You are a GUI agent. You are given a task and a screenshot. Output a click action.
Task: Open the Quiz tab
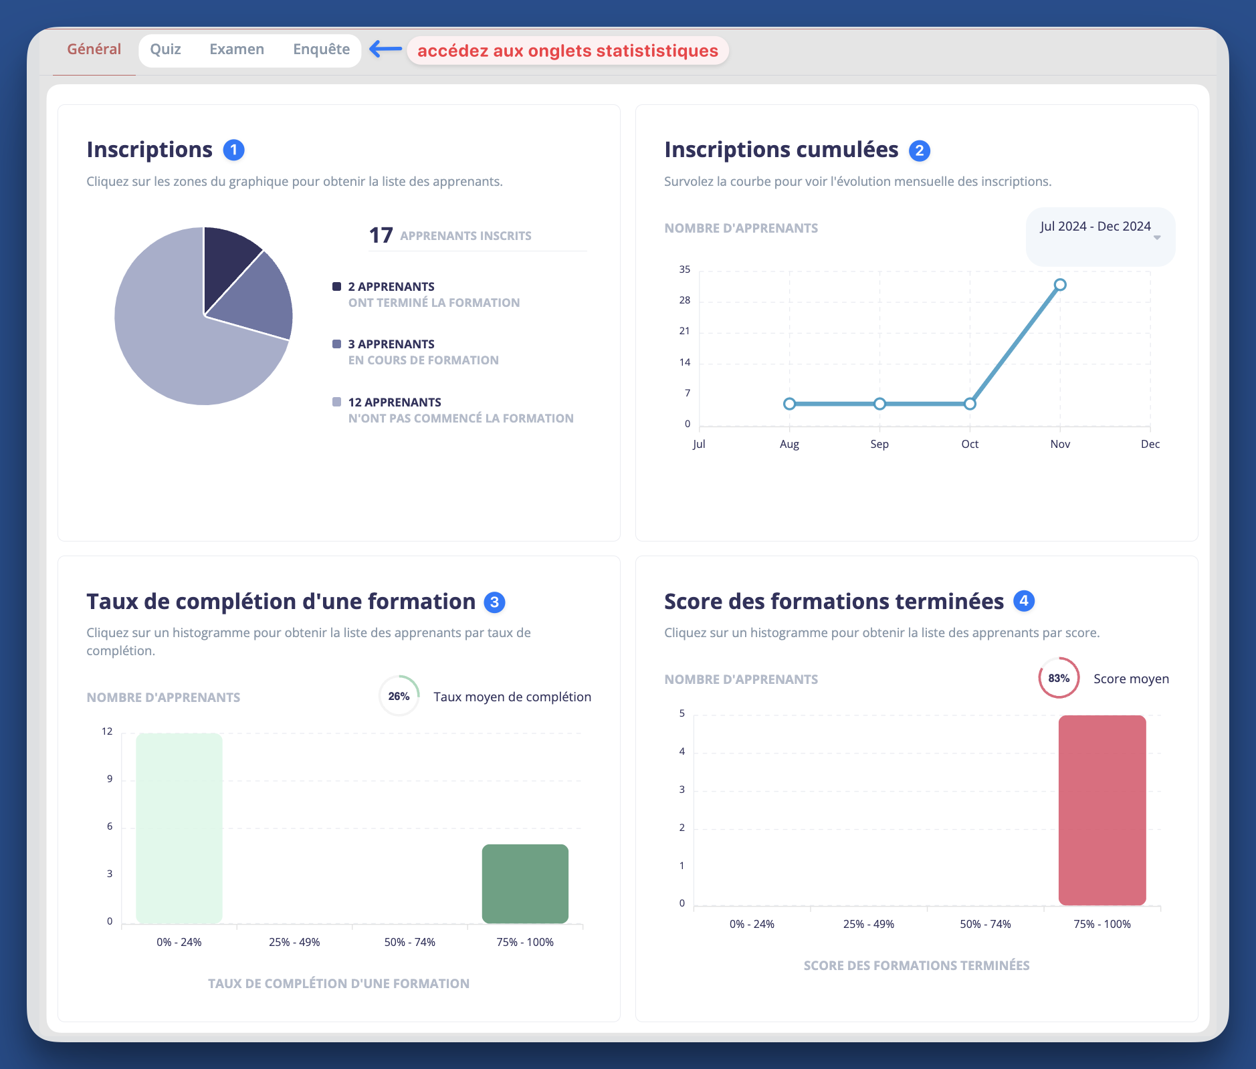click(x=165, y=49)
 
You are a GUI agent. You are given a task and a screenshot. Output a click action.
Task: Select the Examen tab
click(x=237, y=49)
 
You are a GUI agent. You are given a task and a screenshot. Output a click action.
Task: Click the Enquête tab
click(x=321, y=49)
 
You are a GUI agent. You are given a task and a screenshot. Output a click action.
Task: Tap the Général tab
click(x=94, y=49)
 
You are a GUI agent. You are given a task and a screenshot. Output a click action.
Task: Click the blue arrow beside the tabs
click(x=386, y=49)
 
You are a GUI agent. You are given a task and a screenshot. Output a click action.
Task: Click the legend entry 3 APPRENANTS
click(x=391, y=344)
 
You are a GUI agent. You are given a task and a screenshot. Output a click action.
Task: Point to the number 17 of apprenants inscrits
click(x=381, y=235)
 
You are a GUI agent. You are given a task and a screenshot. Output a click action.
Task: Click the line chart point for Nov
click(x=1060, y=285)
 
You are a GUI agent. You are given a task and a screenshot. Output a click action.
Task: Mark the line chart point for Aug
click(x=789, y=404)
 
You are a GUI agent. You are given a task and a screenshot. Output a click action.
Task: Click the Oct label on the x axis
click(x=970, y=445)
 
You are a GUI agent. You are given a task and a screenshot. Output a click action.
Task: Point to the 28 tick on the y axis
click(x=685, y=301)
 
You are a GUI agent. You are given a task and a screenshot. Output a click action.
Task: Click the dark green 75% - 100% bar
click(x=525, y=883)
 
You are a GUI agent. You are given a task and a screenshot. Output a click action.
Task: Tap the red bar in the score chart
click(x=1102, y=810)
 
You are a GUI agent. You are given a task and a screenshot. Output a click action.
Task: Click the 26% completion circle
click(x=399, y=697)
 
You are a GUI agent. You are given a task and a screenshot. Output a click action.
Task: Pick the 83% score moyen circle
click(x=1059, y=678)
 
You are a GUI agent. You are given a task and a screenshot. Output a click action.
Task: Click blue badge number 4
click(x=1024, y=601)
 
